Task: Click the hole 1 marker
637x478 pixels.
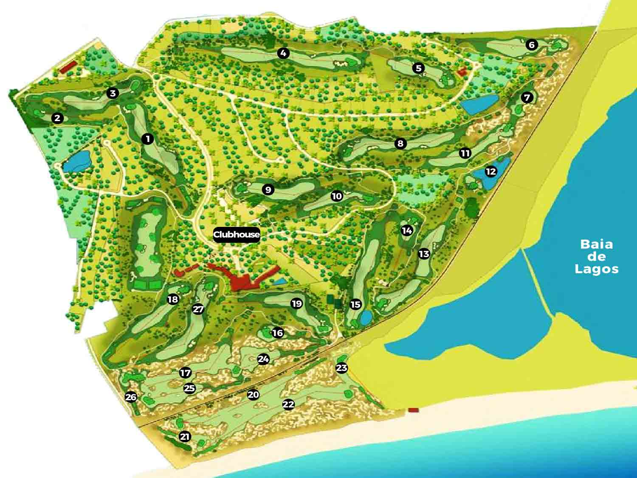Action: coord(147,139)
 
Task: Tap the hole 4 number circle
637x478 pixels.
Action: coord(283,53)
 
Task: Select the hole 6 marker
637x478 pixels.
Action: coord(531,45)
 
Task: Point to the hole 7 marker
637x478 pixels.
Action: coord(527,98)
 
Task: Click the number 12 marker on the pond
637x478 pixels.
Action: coord(490,172)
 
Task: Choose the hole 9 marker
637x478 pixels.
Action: coord(268,190)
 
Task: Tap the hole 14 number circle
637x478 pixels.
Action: coord(407,231)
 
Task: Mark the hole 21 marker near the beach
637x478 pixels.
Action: coord(185,436)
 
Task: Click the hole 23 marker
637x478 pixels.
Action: coord(342,368)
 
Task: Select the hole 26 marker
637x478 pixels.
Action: coord(131,397)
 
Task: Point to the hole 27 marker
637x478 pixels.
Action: coord(198,309)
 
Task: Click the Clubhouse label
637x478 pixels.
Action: coord(237,235)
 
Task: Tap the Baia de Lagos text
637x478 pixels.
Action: coord(596,256)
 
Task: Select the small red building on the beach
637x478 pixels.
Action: coord(413,410)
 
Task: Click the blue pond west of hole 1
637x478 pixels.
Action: coord(77,161)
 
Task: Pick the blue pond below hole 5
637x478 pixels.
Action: coord(480,104)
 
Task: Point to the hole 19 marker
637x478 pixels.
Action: coord(296,303)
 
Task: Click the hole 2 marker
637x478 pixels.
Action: coord(57,118)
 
